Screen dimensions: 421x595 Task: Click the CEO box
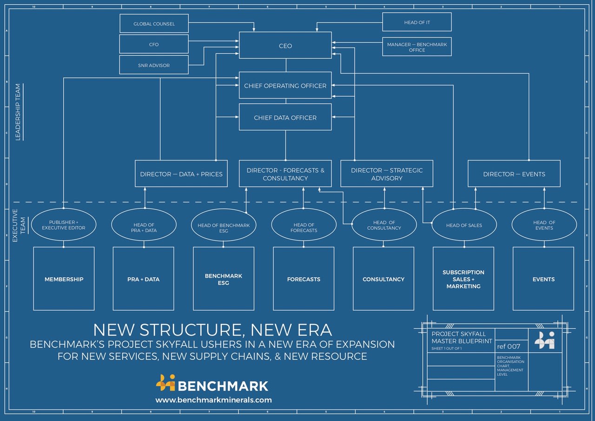point(285,46)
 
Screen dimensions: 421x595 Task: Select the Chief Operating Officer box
point(285,86)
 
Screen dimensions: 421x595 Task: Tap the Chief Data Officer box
point(285,118)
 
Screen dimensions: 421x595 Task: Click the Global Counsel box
point(154,24)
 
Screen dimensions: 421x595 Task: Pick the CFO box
point(154,45)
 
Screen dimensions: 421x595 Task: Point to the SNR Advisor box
point(154,65)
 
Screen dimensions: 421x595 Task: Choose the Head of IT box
point(416,22)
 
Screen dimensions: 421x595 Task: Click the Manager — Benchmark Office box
point(416,47)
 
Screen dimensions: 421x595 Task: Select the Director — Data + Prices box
point(181,174)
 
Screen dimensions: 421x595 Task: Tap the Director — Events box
point(514,174)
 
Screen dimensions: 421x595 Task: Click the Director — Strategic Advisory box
point(386,174)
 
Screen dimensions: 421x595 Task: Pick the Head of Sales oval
point(464,225)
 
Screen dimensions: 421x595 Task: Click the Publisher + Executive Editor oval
point(64,225)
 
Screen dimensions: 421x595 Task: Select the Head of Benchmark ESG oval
point(224,225)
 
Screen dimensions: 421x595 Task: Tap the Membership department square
point(64,279)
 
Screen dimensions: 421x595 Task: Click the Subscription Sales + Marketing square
point(463,279)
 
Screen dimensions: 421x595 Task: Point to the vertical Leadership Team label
point(18,112)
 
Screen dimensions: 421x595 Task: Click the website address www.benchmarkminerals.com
point(213,400)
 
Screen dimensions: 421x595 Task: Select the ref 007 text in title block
point(509,347)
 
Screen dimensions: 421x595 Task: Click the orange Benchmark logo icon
point(165,383)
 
